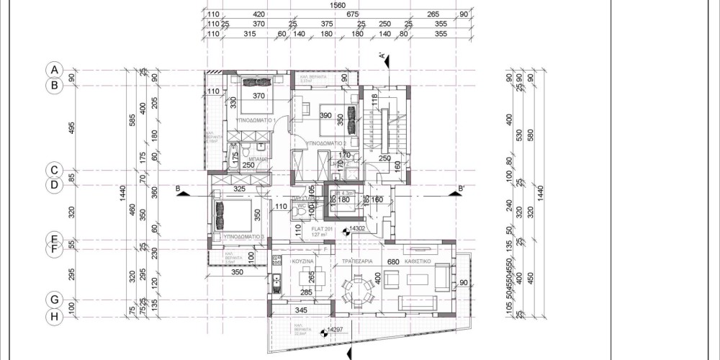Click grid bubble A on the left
[x=53, y=70]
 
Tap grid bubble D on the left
[x=53, y=185]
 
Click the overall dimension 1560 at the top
[x=336, y=5]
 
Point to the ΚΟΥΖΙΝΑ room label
[x=301, y=263]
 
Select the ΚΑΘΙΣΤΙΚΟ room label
[x=417, y=263]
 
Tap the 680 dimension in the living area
[x=393, y=263]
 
